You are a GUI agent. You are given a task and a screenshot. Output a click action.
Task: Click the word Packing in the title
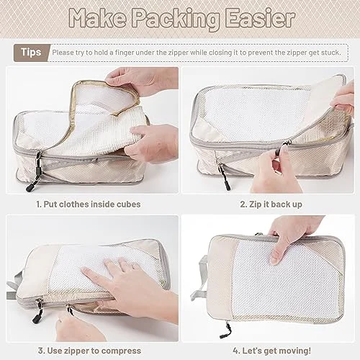pos(176,19)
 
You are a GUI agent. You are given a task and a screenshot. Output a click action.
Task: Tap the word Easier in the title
pos(260,18)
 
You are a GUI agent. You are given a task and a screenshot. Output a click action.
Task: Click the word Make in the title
pos(97,18)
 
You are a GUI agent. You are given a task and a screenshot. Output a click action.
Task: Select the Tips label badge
pos(31,53)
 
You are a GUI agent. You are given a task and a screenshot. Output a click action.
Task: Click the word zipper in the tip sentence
pos(176,53)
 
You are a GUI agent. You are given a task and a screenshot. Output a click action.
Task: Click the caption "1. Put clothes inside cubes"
pos(89,204)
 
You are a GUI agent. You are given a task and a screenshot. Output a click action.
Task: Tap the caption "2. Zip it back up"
pos(271,204)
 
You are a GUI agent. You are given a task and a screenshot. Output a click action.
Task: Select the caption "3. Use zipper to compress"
pos(89,351)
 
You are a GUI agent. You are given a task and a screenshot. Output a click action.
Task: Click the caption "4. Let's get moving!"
pos(271,351)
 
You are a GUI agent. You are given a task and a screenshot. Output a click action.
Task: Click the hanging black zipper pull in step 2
pos(224,176)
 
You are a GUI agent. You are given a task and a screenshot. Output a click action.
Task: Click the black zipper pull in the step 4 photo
pos(225,330)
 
